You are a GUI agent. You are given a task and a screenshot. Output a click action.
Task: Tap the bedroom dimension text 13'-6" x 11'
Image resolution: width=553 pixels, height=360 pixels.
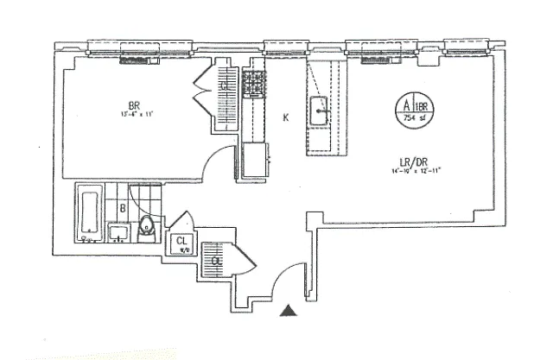tap(136, 111)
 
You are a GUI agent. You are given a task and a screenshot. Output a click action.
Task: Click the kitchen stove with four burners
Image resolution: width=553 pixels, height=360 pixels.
tap(254, 83)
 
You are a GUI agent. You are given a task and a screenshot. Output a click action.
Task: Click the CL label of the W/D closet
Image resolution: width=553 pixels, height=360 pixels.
tap(182, 242)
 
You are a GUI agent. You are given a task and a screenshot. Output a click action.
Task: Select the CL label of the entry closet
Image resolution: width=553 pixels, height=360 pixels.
tap(215, 258)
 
